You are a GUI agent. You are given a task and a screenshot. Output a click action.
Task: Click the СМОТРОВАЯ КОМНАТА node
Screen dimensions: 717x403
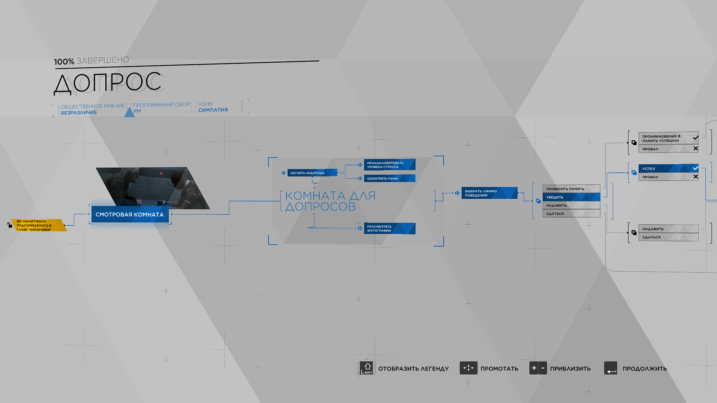coord(130,215)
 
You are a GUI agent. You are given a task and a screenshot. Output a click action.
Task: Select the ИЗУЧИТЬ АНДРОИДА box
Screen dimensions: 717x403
coord(312,173)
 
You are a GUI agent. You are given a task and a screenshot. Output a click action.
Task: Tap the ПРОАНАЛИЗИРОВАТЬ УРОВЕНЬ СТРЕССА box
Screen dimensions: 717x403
coord(389,165)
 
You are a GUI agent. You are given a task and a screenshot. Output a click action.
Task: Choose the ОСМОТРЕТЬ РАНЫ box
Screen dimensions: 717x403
coord(389,178)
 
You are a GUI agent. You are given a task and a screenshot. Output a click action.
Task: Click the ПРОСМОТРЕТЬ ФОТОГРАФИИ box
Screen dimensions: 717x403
coord(389,228)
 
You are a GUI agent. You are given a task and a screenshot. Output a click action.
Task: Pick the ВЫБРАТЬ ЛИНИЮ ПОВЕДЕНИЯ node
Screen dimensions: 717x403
coord(489,193)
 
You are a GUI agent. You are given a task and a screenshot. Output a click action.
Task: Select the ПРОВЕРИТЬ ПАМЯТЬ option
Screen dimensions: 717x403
coord(571,189)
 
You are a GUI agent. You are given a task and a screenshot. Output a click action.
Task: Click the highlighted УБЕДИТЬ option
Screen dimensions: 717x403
coord(571,197)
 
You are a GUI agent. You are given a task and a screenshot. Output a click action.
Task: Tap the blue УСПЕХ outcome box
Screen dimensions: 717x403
coord(668,168)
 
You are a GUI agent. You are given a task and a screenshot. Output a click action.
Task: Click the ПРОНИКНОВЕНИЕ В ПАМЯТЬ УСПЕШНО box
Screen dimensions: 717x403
coord(668,138)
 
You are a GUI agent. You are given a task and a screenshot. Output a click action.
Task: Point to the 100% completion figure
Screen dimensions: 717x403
coord(64,62)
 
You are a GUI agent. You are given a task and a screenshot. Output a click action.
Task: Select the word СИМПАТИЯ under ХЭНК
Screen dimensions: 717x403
coord(213,110)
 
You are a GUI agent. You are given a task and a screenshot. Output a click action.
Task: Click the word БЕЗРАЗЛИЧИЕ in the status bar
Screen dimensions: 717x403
coord(79,113)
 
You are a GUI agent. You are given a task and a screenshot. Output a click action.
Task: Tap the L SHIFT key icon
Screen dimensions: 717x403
coord(367,368)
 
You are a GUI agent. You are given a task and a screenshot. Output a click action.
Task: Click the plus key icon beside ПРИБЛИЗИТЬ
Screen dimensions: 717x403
coord(534,368)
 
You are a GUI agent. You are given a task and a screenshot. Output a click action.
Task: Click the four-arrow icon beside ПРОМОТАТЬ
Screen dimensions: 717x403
coord(468,368)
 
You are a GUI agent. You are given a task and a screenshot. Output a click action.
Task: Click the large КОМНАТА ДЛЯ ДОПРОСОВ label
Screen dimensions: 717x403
coord(330,201)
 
